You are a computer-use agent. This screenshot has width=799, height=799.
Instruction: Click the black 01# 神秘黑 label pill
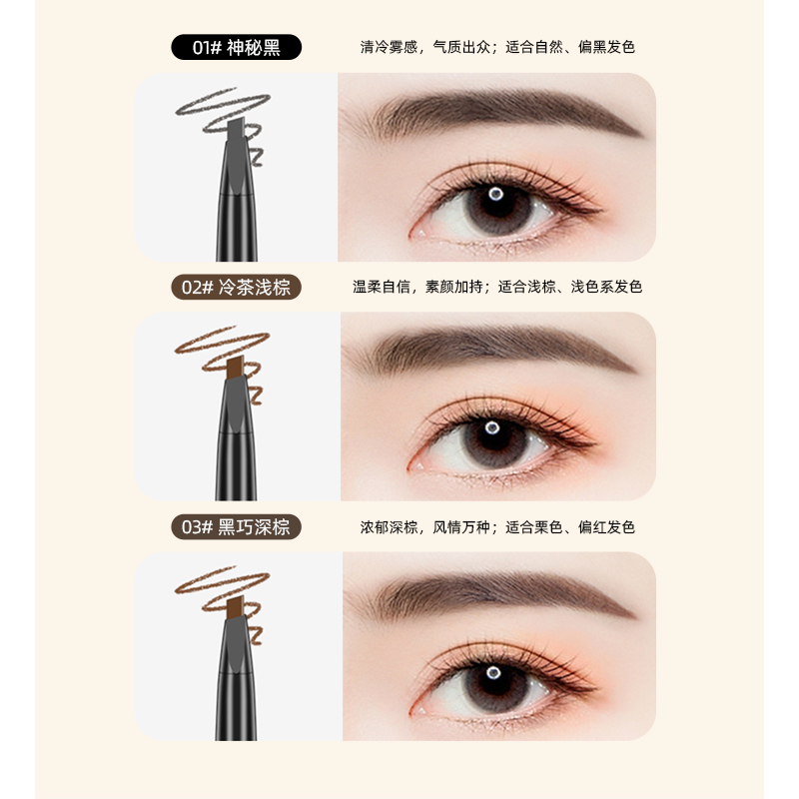point(236,47)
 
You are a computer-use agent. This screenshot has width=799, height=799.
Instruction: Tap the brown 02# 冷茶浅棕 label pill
point(236,288)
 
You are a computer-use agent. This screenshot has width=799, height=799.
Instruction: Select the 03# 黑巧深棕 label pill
point(236,527)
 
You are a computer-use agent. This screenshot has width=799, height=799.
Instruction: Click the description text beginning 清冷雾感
point(497,47)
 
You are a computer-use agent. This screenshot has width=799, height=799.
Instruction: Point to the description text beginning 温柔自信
point(497,287)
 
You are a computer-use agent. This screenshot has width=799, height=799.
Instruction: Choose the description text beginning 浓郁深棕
point(497,527)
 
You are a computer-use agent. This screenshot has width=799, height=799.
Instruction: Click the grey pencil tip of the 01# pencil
point(237,129)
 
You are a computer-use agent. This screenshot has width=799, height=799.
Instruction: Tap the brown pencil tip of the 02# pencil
point(235,368)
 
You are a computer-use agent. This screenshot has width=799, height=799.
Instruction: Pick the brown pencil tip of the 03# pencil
point(235,607)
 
